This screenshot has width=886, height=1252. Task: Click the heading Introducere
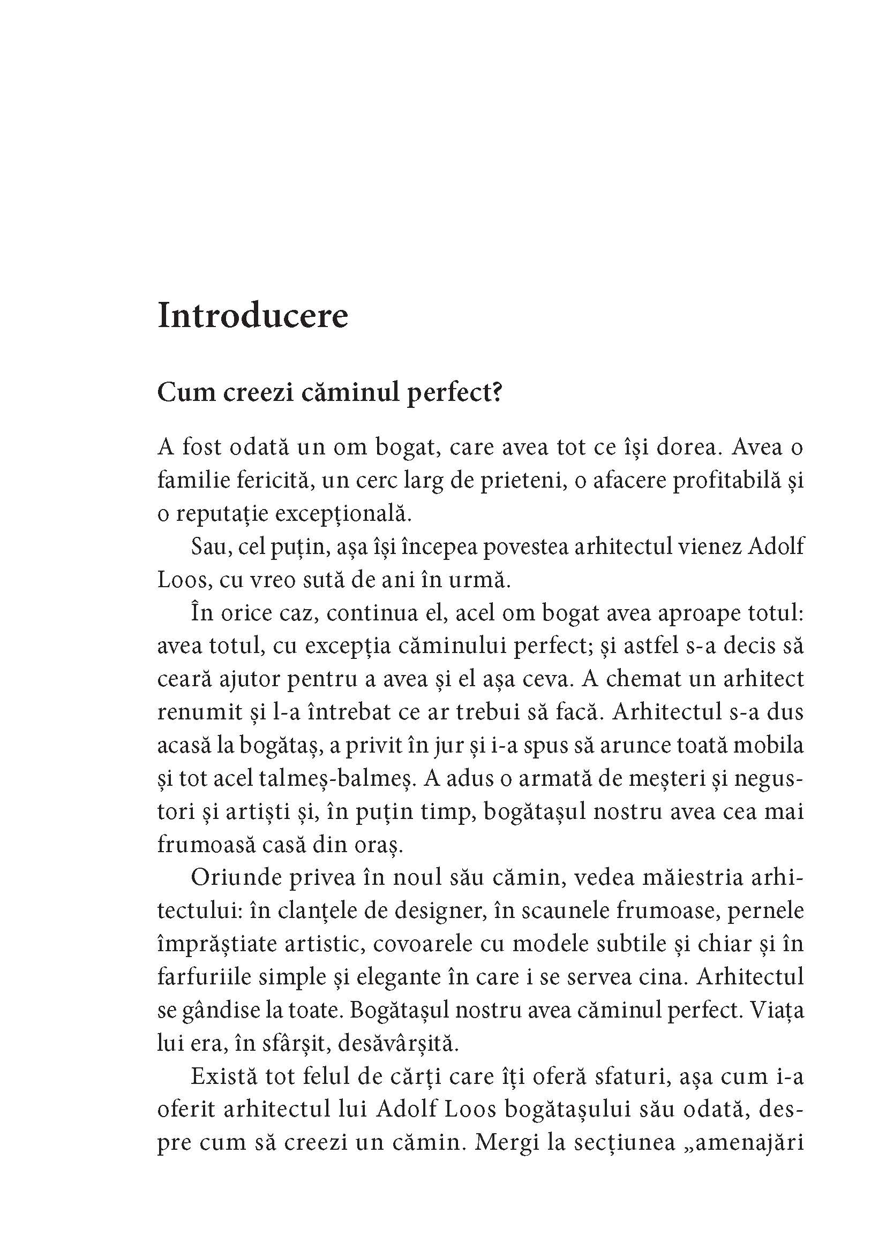(x=253, y=316)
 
